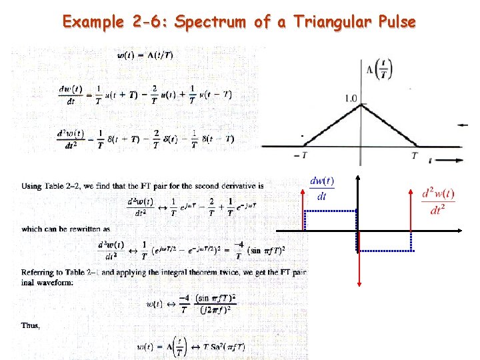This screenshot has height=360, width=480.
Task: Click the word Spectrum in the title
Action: [211, 22]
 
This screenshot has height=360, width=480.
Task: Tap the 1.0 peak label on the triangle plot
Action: [351, 99]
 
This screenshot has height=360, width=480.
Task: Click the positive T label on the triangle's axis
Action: [415, 155]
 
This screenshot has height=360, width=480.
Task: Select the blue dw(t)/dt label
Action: [323, 188]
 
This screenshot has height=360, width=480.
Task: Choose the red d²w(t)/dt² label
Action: [439, 201]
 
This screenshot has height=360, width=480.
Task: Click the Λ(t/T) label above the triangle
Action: [379, 69]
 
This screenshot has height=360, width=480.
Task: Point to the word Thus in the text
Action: [31, 326]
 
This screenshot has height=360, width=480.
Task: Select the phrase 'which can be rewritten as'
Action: [66, 229]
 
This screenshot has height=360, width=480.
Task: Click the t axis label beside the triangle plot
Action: [431, 161]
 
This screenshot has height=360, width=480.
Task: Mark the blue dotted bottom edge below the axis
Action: [385, 251]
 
